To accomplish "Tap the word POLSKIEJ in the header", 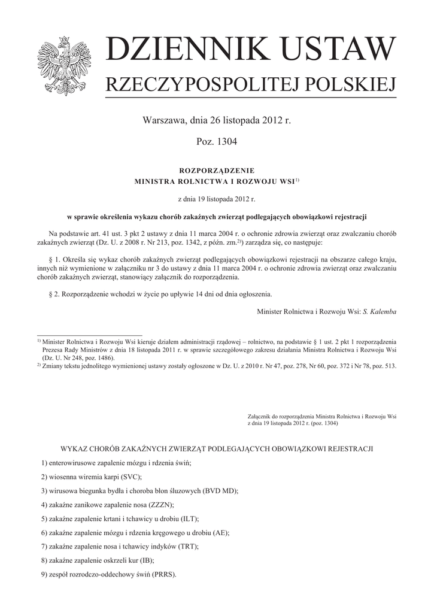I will pyautogui.click(x=351, y=85).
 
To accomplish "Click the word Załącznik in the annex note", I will pyautogui.click(x=260, y=415).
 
